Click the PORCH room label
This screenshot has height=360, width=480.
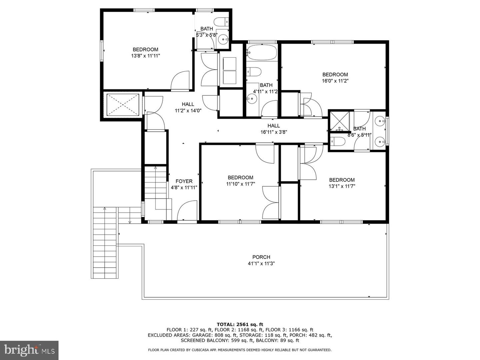coord(261,257)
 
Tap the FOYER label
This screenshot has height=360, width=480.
coord(184,181)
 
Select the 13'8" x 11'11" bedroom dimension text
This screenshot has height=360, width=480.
coord(145,56)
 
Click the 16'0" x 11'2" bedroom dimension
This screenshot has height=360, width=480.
coord(335,81)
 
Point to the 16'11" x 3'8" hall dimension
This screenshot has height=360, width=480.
coord(274,132)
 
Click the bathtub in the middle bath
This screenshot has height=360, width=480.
coord(262,52)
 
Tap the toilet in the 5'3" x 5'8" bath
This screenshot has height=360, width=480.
coord(222,22)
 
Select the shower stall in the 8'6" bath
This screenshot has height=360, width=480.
coord(339,121)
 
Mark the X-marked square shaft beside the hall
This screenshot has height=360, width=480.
coord(123,105)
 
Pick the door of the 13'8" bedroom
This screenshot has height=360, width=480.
coord(180,81)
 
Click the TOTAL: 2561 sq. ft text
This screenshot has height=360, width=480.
coord(240,324)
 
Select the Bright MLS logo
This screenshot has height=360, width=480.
coord(29,350)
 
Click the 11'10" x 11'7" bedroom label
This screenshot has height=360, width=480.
coord(240,177)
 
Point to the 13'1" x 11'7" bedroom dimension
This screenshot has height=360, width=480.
coord(342,186)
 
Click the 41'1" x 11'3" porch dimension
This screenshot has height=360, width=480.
coord(261,263)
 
